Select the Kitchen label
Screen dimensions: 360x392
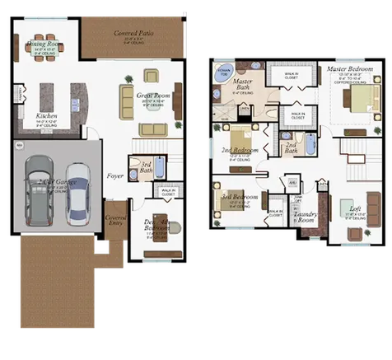pyautogui.click(x=46, y=116)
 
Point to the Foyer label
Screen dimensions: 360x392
pyautogui.click(x=114, y=175)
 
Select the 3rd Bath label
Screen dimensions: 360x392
pyautogui.click(x=144, y=167)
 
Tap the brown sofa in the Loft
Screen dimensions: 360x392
pyautogui.click(x=356, y=233)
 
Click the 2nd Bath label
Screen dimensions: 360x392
pyautogui.click(x=291, y=148)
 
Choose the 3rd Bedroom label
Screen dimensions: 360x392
pyautogui.click(x=238, y=198)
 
